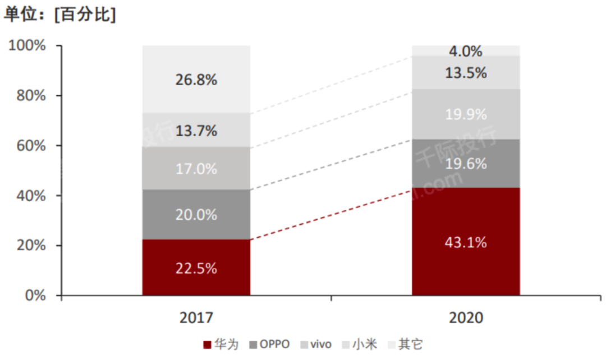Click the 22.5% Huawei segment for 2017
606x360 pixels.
[x=196, y=267]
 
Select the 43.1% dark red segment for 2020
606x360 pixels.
[x=466, y=242]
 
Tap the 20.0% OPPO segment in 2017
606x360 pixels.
[x=196, y=215]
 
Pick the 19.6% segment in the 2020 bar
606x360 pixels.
[x=466, y=164]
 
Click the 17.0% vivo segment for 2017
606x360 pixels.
[x=196, y=168]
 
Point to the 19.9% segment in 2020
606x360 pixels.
[x=466, y=114]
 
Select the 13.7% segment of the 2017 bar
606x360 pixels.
[x=196, y=131]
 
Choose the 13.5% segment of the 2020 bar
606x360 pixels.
[x=466, y=73]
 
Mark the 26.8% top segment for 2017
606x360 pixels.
[x=196, y=80]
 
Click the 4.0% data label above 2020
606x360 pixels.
[x=466, y=51]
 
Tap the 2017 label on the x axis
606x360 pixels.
[x=196, y=318]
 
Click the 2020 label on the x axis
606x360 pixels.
[x=466, y=318]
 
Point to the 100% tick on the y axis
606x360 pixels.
[x=27, y=45]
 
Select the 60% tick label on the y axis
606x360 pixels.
[x=30, y=146]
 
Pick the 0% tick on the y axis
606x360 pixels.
[x=35, y=296]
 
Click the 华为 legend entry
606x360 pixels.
[x=222, y=344]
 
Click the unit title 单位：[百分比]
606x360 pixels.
[x=60, y=15]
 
